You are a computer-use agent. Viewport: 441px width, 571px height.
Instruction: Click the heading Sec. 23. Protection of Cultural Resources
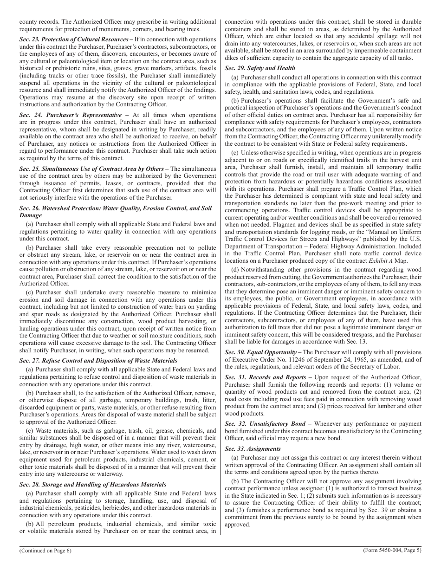pos(74,39)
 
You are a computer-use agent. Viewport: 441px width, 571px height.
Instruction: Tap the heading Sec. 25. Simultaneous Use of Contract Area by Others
pos(91,168)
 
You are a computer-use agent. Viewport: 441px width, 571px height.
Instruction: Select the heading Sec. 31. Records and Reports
pos(265,378)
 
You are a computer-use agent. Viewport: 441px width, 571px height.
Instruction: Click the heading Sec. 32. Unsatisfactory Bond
pos(265,423)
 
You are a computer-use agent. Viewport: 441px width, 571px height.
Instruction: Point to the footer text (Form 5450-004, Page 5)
pos(392,551)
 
